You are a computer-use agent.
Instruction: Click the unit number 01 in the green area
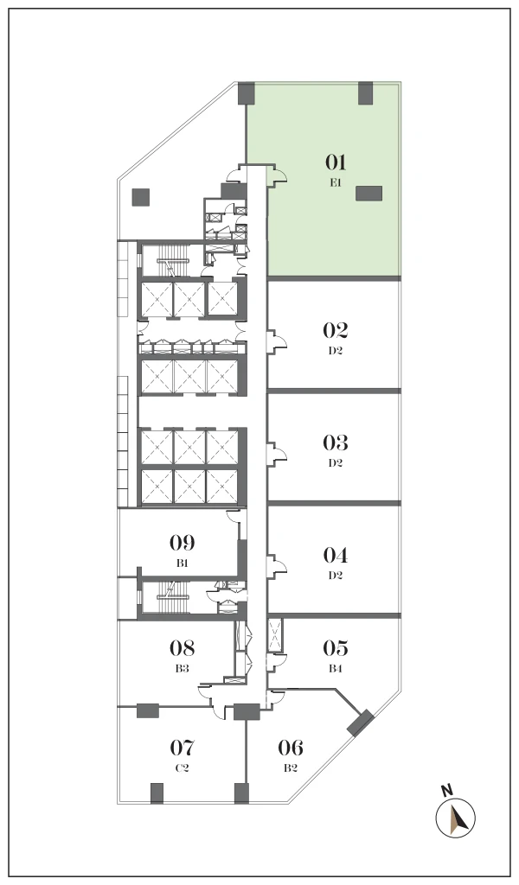coord(335,162)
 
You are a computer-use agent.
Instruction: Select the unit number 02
coord(335,330)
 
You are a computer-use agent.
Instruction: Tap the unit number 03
coord(335,443)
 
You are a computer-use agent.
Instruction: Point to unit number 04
coord(335,556)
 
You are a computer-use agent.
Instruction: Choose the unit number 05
coord(335,648)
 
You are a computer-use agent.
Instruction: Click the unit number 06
coord(291,748)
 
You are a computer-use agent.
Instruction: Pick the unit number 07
coord(183,748)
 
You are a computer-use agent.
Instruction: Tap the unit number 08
coord(182,648)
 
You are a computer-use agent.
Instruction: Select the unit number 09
coord(182,543)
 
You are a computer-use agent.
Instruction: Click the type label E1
coord(335,183)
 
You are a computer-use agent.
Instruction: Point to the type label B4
coord(336,668)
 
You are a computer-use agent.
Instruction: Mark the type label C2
coord(183,768)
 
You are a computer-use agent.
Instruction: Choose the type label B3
coord(182,668)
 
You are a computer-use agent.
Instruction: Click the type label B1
coord(182,563)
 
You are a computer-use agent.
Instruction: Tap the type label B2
coord(291,768)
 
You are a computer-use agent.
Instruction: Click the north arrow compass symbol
coord(456,818)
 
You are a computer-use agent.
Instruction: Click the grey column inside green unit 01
coord(368,194)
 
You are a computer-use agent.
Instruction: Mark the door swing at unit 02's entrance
coord(279,341)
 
